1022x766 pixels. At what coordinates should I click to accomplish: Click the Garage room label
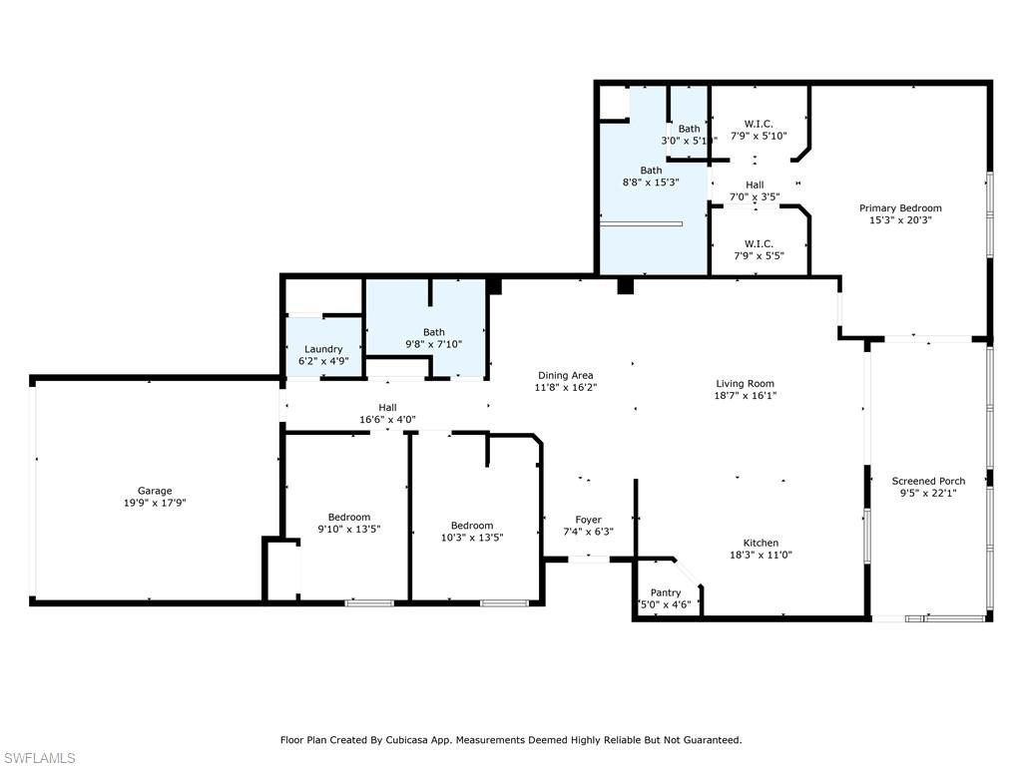coord(155,491)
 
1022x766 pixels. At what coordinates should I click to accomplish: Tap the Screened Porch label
coord(928,481)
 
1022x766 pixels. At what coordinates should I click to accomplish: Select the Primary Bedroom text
coord(900,208)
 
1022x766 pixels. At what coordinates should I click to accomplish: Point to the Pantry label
coord(666,592)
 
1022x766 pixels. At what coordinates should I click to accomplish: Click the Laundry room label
coord(323,349)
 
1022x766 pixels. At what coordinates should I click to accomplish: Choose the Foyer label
coord(588,520)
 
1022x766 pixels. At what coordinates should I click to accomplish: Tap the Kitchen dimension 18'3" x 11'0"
coord(761,555)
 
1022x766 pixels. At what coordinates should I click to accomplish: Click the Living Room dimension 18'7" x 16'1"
coord(745,395)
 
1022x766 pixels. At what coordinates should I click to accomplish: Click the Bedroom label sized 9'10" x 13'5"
coord(349,517)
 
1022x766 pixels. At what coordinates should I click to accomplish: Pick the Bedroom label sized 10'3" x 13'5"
coord(471,526)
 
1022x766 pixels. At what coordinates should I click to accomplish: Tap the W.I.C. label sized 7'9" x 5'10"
coord(759,124)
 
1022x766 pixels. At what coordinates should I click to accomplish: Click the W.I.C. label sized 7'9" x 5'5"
coord(759,243)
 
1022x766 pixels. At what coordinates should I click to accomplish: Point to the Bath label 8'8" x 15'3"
coord(651,171)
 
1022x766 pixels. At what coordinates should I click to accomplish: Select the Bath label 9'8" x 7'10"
coord(433,332)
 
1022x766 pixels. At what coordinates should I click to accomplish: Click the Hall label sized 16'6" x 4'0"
coord(387,407)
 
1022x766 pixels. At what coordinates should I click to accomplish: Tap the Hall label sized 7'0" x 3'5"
coord(755,185)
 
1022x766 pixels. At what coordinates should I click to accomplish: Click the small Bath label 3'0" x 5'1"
coord(690,129)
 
